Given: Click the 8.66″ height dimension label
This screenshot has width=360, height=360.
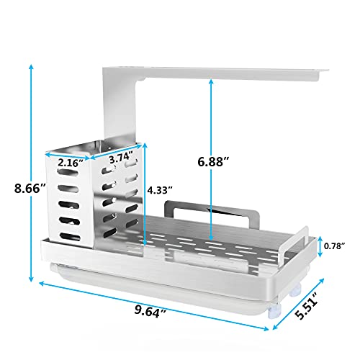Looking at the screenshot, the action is pos(30,188).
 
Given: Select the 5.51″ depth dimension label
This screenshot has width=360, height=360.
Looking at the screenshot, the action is pos(307,305).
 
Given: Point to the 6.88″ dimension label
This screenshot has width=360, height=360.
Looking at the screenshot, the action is pos(214,161).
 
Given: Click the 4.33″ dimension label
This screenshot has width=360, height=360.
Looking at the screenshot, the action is pos(160,190).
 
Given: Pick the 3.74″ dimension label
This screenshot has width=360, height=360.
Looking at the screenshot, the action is pos(121,158).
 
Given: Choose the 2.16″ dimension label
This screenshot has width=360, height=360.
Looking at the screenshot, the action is pos(71,163).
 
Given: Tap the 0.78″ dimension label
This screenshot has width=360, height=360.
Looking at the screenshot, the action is pos(334,246).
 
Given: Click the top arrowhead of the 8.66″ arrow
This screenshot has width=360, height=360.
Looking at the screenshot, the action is pos(31,67).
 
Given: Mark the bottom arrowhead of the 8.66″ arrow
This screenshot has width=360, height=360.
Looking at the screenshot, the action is pos(31,279).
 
